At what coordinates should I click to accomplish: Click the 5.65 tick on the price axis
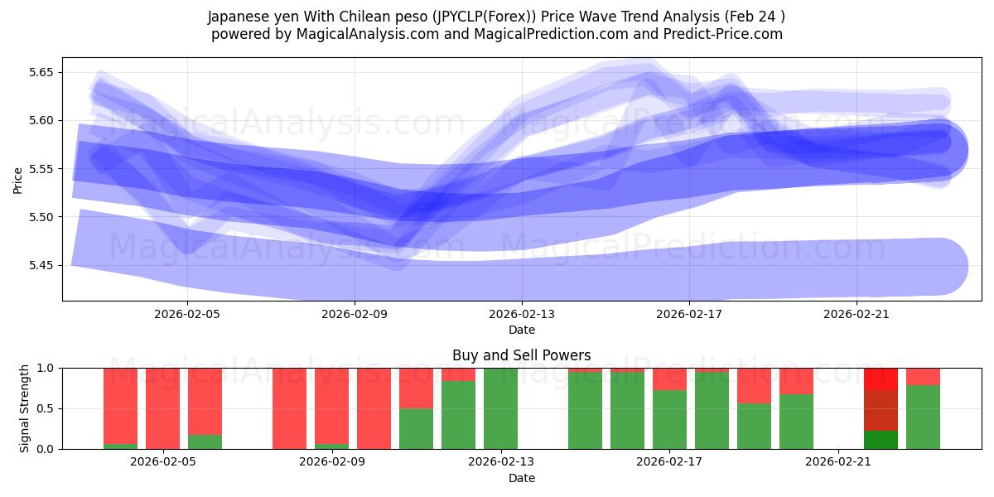(39, 72)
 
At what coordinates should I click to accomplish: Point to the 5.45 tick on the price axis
(39, 266)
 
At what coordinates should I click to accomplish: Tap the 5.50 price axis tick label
(39, 217)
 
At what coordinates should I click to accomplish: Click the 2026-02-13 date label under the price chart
(522, 315)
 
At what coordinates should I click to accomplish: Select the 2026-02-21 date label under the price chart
(856, 315)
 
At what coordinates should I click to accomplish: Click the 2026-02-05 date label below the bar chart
(163, 462)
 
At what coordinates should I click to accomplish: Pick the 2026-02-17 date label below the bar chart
(669, 462)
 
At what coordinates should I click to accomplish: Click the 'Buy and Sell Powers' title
(521, 355)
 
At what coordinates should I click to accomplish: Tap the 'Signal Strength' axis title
(25, 408)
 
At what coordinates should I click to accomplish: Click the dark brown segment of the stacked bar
(881, 410)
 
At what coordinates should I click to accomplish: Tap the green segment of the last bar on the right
(923, 417)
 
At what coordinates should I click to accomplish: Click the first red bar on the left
(120, 406)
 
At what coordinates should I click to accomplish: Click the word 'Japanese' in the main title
(235, 17)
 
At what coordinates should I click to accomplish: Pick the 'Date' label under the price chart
(521, 330)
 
